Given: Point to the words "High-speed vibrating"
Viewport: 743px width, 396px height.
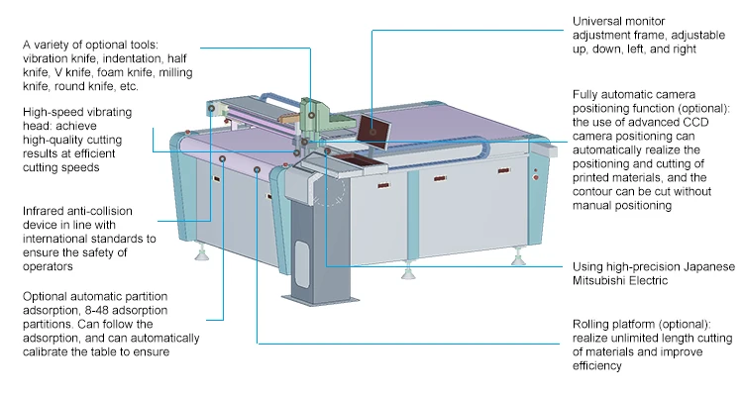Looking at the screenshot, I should [x=74, y=114].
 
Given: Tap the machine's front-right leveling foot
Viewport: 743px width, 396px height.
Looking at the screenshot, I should [x=516, y=260].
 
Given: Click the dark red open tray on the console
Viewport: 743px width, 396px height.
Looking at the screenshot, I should [x=349, y=157].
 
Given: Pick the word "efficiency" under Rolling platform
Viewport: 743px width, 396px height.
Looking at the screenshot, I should [x=596, y=366].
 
